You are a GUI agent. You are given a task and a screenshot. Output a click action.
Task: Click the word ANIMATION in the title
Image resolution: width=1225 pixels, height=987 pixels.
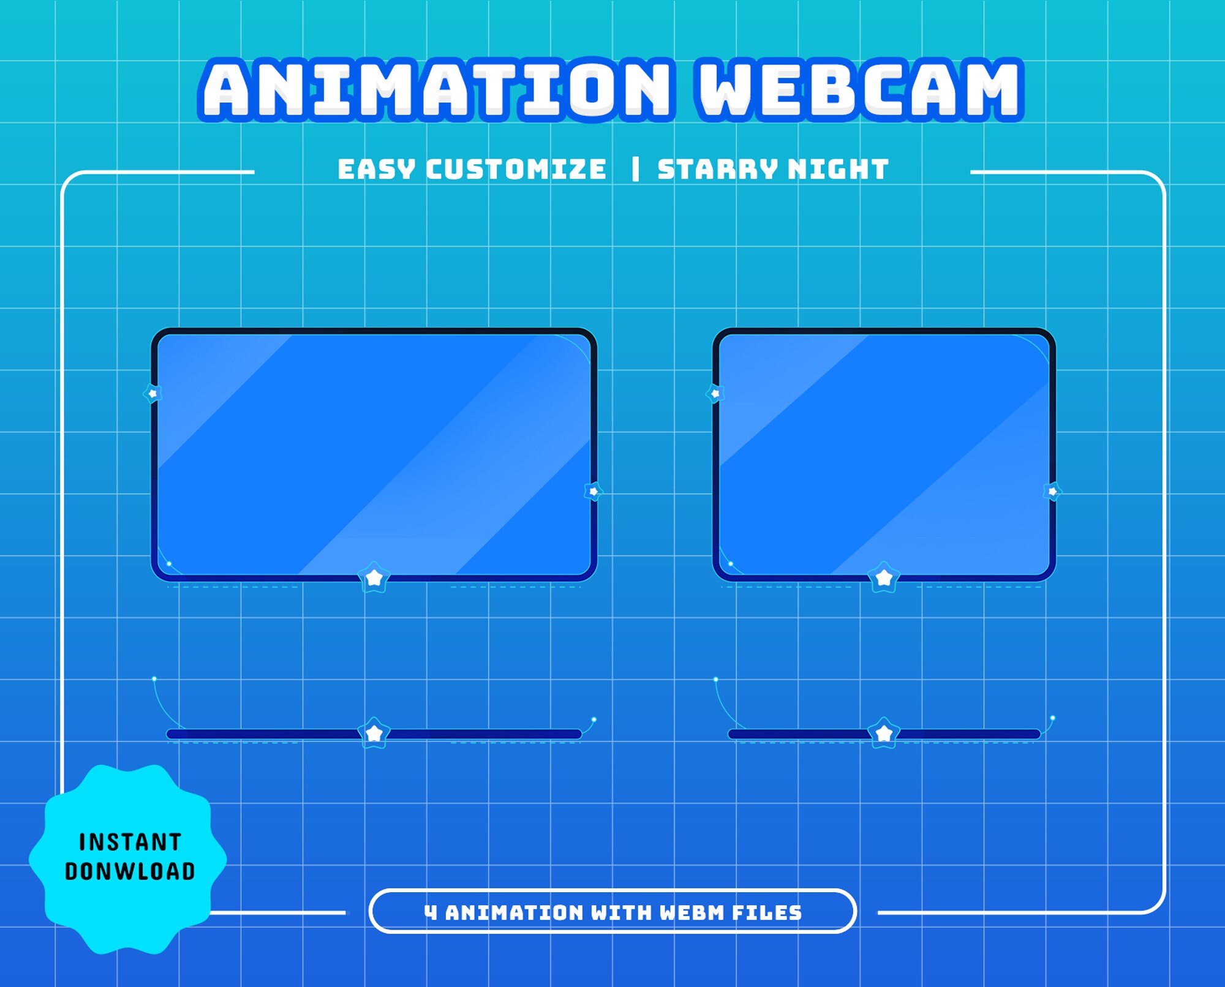(437, 89)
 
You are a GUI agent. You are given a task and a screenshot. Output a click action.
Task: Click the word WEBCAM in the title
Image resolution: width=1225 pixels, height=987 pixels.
(859, 89)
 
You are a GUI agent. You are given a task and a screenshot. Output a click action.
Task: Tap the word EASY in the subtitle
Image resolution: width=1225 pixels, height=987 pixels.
(376, 170)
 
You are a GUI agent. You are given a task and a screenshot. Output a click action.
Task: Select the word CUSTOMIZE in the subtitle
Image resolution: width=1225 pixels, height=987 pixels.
(516, 170)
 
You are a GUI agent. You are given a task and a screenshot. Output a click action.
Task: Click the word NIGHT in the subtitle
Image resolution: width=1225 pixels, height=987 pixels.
(838, 170)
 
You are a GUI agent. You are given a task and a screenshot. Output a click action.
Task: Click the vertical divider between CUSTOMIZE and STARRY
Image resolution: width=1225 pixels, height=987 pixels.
(635, 170)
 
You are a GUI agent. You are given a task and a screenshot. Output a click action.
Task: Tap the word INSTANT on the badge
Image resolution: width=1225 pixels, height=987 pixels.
(130, 843)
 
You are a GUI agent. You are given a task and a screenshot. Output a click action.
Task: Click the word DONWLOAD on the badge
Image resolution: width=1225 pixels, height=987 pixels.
(130, 871)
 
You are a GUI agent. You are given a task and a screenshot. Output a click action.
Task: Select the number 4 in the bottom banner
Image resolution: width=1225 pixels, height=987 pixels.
(431, 913)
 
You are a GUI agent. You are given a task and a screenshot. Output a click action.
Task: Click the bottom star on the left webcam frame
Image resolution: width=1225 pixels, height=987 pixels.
(374, 577)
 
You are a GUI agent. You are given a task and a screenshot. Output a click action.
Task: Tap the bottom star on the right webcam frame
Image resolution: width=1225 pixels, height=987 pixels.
(884, 577)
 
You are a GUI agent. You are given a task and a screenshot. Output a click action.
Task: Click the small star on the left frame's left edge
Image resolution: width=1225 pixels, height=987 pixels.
(153, 393)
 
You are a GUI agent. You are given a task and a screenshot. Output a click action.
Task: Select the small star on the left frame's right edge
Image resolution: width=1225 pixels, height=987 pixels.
(593, 491)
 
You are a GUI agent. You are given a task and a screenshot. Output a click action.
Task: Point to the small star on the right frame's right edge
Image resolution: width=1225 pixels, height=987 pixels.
(1052, 491)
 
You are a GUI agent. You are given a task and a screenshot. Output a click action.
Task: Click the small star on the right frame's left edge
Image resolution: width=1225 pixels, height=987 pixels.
(715, 393)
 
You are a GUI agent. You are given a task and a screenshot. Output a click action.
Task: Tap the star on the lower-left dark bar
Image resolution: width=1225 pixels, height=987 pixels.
(374, 733)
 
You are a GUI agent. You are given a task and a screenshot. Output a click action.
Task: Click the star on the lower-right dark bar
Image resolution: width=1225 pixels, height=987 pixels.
(884, 733)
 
